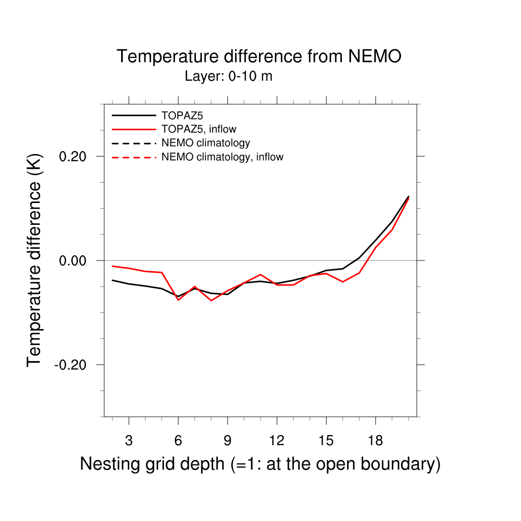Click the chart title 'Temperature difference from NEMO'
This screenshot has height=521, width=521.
[x=259, y=56]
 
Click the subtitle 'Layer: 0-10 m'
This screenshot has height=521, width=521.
[x=228, y=77]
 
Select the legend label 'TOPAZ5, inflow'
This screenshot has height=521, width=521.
[x=199, y=129]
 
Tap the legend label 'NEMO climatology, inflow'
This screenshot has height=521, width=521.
[x=222, y=157]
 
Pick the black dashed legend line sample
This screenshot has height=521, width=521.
[x=133, y=143]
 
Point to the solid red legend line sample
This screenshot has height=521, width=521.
[x=133, y=129]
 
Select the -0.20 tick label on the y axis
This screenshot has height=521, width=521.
[x=73, y=365]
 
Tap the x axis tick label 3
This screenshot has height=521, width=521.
[x=129, y=441]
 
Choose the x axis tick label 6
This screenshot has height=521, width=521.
[x=178, y=441]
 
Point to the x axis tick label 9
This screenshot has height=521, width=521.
[x=227, y=441]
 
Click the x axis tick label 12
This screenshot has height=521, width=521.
[x=276, y=441]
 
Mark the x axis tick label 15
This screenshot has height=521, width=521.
[x=326, y=441]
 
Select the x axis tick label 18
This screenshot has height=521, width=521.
[x=375, y=441]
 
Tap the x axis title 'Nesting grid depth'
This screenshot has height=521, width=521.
[x=260, y=464]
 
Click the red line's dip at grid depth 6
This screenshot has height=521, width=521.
[x=178, y=300]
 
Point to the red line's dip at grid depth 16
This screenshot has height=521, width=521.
[x=342, y=281]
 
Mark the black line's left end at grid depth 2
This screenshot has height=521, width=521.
[x=112, y=280]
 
